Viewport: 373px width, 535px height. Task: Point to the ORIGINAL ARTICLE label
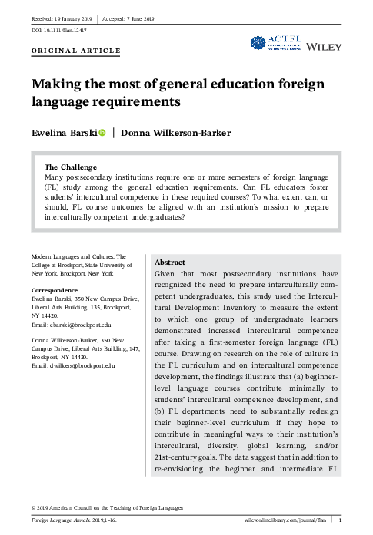pyautogui.click(x=75, y=51)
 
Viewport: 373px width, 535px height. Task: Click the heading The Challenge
pyautogui.click(x=71, y=167)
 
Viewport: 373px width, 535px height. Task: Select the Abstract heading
pyautogui.click(x=170, y=263)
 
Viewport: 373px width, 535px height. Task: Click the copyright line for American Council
pyautogui.click(x=108, y=508)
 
